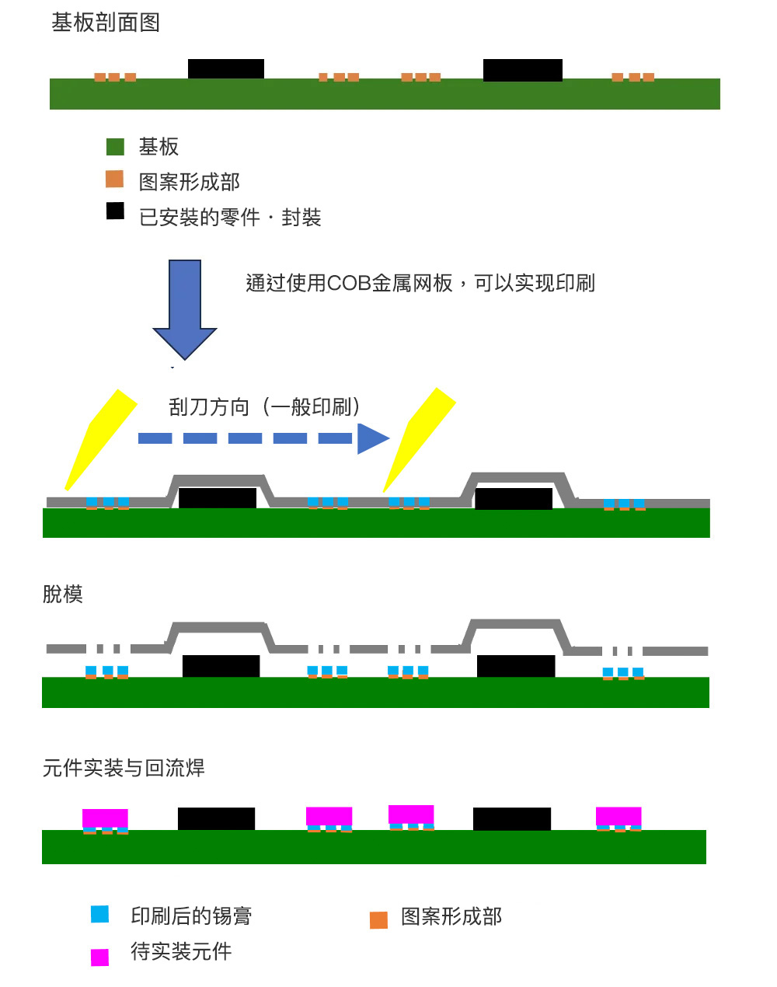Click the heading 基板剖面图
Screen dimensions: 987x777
(x=106, y=23)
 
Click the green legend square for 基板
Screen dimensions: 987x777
(x=115, y=146)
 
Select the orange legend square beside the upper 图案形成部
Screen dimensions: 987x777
(x=114, y=180)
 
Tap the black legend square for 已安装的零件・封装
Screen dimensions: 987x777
(x=115, y=211)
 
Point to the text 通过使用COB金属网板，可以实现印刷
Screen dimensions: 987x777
(x=420, y=283)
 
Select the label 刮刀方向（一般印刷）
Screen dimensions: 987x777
(x=264, y=406)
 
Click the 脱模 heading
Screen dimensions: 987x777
(x=62, y=594)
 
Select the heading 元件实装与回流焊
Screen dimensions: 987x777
(x=124, y=768)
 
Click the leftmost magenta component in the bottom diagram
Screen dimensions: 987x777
(x=105, y=818)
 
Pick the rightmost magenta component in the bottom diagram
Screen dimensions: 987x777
(x=618, y=816)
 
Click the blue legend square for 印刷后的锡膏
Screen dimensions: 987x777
(x=99, y=914)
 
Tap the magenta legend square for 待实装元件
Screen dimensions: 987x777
(x=99, y=957)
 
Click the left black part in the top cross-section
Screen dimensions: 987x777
(x=226, y=68)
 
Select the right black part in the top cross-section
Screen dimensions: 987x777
(x=522, y=70)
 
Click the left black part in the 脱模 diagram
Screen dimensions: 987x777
(x=221, y=666)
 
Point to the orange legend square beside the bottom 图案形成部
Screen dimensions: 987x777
(x=378, y=920)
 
